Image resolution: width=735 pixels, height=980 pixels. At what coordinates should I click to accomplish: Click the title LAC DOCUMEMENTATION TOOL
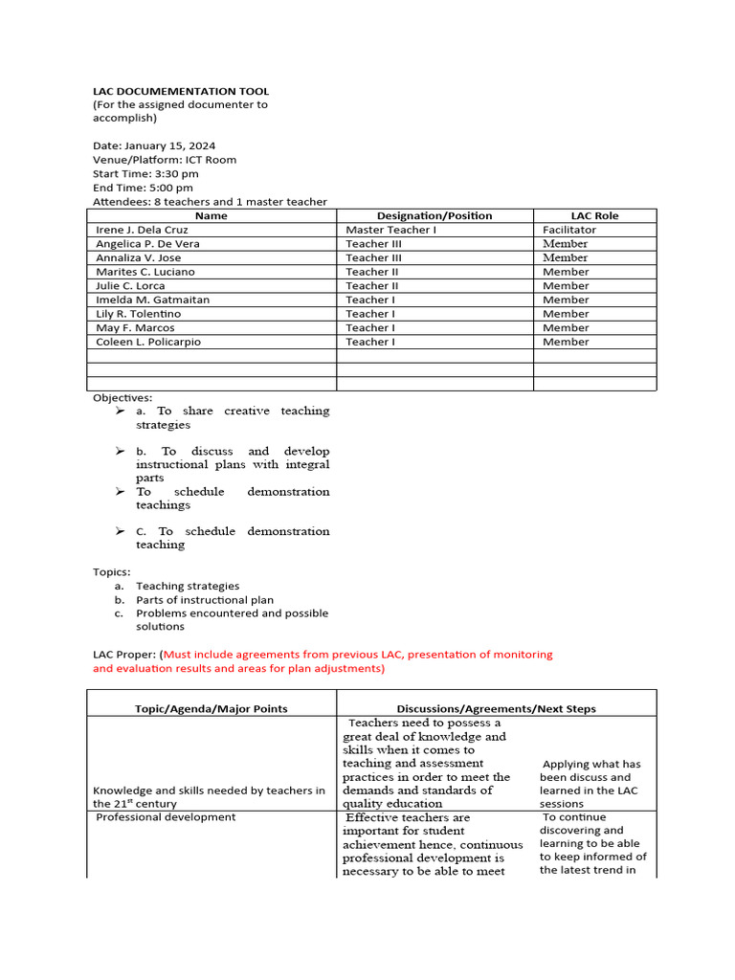click(x=181, y=91)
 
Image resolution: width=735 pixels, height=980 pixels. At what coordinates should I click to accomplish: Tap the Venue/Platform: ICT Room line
click(x=165, y=160)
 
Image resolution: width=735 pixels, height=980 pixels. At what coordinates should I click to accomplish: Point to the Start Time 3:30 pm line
click(x=145, y=174)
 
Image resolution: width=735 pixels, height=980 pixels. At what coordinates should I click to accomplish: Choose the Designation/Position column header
click(x=434, y=216)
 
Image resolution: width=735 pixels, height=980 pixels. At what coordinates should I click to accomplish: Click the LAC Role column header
click(x=594, y=216)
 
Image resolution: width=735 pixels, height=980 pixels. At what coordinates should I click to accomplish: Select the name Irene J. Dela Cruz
click(x=143, y=230)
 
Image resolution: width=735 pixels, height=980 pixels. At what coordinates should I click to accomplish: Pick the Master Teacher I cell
click(x=390, y=230)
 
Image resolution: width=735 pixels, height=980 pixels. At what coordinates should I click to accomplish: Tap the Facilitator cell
click(x=568, y=230)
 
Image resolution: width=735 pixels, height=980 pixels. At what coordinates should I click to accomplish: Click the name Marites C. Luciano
click(x=145, y=272)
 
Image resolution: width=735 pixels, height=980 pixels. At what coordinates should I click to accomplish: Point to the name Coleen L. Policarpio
click(x=148, y=342)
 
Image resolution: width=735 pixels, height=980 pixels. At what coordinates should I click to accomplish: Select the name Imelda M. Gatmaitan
click(x=152, y=300)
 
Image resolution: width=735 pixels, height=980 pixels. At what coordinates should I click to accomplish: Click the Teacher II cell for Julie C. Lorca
click(x=372, y=286)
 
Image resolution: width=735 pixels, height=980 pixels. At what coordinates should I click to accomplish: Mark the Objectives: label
click(x=122, y=397)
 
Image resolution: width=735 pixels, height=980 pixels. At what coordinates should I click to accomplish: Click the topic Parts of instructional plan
click(x=205, y=600)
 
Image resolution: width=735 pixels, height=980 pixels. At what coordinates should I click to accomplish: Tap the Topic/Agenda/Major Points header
click(x=211, y=709)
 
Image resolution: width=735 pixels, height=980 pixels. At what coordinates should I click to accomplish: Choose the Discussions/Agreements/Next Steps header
click(x=496, y=709)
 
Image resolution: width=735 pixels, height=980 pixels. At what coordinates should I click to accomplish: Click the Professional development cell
click(x=166, y=817)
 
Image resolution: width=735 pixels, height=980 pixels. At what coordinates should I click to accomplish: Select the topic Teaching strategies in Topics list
click(x=188, y=586)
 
